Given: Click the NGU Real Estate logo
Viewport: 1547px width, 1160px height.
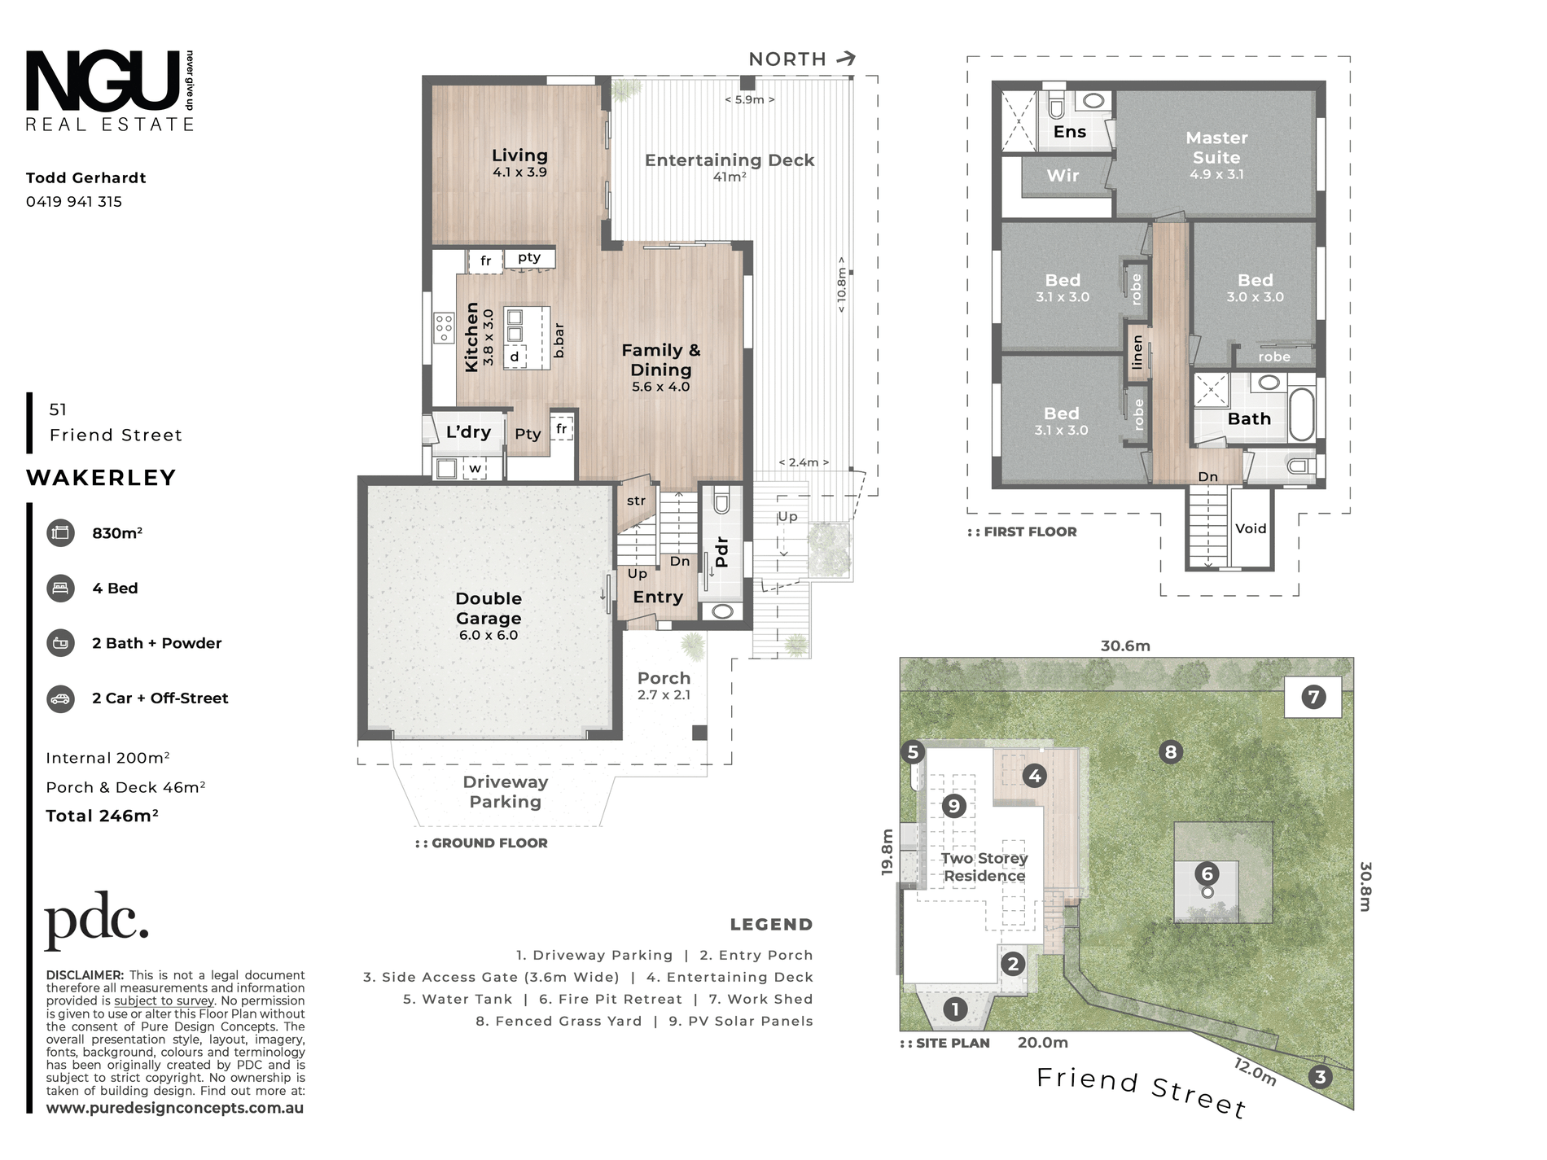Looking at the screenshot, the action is click(x=110, y=90).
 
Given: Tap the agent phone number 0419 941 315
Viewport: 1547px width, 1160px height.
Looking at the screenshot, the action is click(x=74, y=202).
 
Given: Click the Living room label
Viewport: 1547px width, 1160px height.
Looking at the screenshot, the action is click(x=519, y=155).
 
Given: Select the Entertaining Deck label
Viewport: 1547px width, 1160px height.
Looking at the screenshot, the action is click(x=730, y=160).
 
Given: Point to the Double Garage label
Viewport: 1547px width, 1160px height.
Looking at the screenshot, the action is click(x=489, y=608).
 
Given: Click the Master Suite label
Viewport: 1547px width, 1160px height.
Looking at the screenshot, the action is click(x=1216, y=147).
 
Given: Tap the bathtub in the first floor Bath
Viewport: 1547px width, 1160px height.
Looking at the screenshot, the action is click(x=1301, y=414).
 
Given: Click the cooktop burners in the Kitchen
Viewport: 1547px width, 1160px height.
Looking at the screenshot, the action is click(x=444, y=327).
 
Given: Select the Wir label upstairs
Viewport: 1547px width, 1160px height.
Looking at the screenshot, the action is click(x=1063, y=176).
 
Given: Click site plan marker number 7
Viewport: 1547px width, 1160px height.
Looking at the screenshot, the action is click(x=1313, y=697).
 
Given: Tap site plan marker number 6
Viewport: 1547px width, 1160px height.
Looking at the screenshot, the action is click(x=1207, y=874).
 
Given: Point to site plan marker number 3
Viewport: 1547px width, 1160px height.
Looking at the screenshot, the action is click(x=1320, y=1077).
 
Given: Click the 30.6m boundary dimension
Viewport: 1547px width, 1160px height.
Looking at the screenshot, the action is click(x=1125, y=646).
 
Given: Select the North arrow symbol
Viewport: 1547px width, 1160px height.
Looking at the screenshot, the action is click(x=847, y=59).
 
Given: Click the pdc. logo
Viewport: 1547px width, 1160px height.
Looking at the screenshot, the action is click(x=97, y=921).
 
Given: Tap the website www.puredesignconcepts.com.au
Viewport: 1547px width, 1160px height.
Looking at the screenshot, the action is click(x=175, y=1108).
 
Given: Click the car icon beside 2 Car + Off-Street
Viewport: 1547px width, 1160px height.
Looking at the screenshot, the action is click(x=60, y=698).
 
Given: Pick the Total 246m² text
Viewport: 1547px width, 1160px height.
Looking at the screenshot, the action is click(x=102, y=816).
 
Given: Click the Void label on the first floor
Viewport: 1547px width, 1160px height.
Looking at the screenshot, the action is click(x=1251, y=528).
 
